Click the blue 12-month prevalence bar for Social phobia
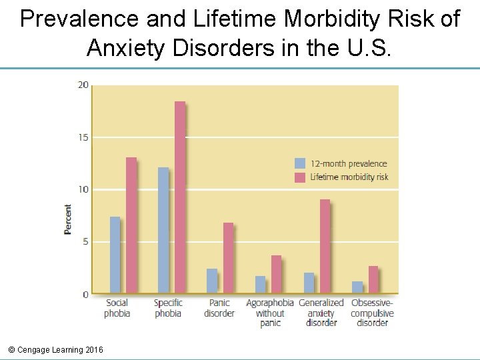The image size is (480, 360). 115,255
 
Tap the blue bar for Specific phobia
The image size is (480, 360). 163,230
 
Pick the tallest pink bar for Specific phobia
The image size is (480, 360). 180,197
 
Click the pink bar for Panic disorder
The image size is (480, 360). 228,258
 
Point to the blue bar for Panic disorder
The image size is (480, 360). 212,281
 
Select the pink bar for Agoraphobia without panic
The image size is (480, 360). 276,274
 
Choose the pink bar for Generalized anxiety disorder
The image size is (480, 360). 325,246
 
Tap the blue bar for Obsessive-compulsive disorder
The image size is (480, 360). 357,287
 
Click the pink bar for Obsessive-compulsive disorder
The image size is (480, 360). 373,279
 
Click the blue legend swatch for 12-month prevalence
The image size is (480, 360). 300,163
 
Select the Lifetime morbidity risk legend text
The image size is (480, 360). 349,177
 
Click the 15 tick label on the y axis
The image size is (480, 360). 83,137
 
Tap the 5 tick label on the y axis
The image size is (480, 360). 85,242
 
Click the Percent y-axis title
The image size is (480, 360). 68,219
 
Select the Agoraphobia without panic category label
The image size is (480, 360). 270,313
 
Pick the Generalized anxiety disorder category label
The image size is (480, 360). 321,313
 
